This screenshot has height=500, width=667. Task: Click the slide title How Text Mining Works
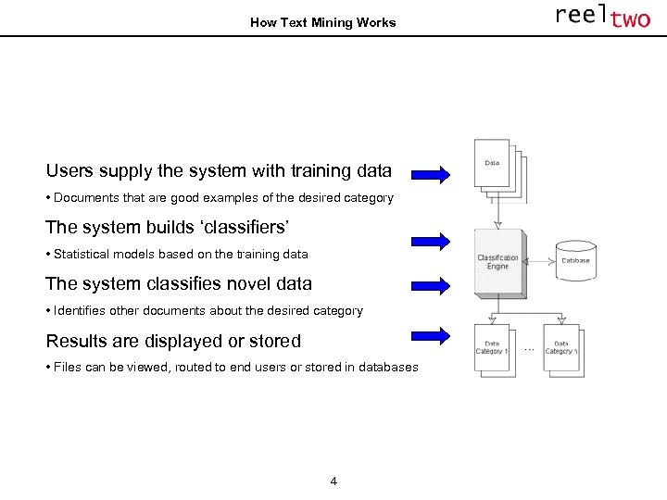322,22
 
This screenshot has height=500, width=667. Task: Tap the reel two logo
602,17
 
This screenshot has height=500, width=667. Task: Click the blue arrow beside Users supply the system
430,173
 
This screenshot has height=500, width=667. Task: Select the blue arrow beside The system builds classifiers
430,240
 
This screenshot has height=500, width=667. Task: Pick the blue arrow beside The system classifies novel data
430,284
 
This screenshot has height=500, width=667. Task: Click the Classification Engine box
499,263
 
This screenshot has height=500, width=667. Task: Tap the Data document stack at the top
498,169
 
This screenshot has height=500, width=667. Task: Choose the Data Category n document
560,348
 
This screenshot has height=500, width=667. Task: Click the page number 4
333,481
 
